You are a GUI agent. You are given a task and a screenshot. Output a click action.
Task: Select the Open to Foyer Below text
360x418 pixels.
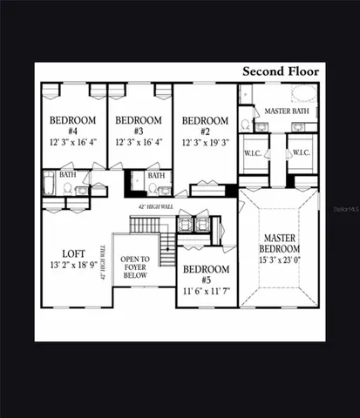pos(135,266)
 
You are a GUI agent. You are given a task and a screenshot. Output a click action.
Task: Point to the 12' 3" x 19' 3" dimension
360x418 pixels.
pos(205,142)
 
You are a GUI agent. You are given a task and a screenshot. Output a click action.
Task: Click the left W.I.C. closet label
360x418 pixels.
pos(255,153)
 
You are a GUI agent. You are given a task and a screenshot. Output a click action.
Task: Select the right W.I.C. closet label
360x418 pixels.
pos(301,153)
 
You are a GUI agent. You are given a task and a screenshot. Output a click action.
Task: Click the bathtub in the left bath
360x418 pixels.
pos(49,185)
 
